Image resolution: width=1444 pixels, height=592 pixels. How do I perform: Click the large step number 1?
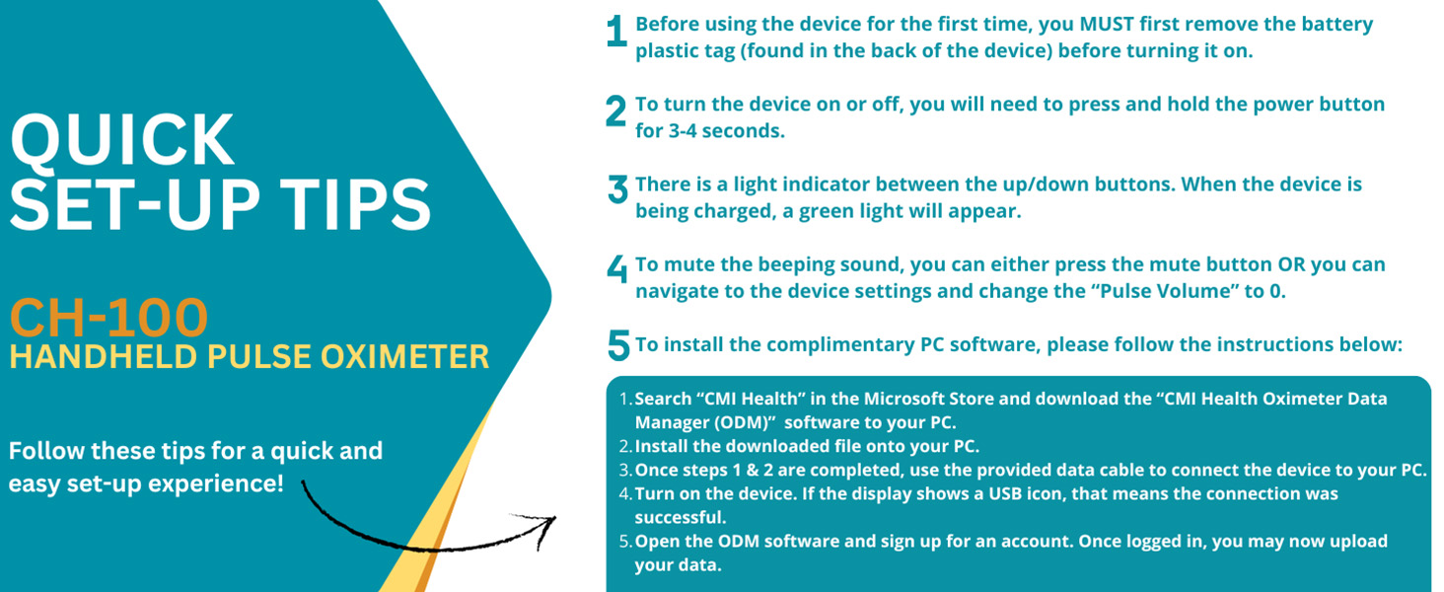click(x=616, y=34)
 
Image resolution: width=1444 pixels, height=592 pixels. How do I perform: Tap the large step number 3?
click(x=617, y=189)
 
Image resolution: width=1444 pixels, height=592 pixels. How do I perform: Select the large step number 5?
click(x=617, y=345)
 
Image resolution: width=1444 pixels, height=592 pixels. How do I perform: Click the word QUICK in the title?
click(x=122, y=140)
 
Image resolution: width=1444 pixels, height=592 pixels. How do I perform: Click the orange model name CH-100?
click(x=108, y=318)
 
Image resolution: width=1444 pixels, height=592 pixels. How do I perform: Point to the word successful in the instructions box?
click(x=680, y=517)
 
